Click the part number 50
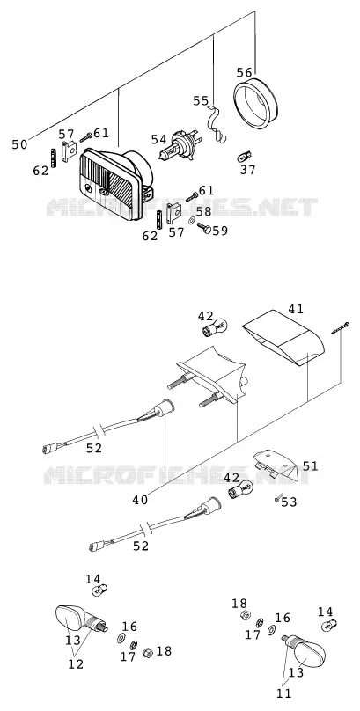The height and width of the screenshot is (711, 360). [x=19, y=144]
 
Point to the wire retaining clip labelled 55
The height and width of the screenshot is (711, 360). [x=217, y=124]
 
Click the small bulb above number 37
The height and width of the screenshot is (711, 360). [x=245, y=157]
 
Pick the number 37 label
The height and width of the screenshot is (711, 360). [x=248, y=170]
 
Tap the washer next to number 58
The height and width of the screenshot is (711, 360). [x=192, y=221]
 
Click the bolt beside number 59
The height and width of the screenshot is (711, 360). [x=204, y=227]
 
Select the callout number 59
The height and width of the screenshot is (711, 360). [x=220, y=231]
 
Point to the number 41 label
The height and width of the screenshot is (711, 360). [x=296, y=309]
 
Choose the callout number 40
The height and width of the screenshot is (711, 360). [x=140, y=500]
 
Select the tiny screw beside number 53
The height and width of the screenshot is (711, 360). [x=277, y=497]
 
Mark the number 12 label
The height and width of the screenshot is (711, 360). [x=76, y=663]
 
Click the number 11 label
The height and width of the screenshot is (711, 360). [x=283, y=693]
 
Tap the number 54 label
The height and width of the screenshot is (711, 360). [x=158, y=140]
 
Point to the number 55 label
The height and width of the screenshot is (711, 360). [x=201, y=100]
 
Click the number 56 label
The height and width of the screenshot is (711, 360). [x=245, y=72]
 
